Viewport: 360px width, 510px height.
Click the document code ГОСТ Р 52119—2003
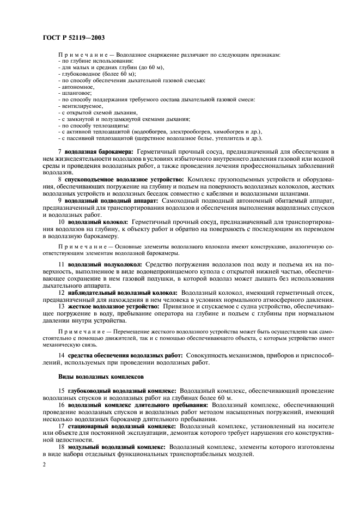[x=74, y=38]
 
